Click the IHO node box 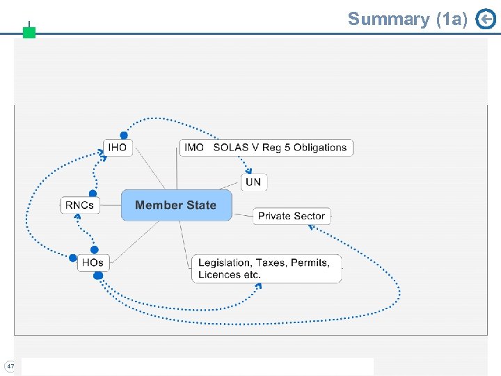(x=118, y=148)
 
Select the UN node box (x=254, y=182)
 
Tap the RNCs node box (x=79, y=205)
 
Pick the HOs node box (x=93, y=263)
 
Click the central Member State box (x=176, y=205)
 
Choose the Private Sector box (x=291, y=216)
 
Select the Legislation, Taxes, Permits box (x=267, y=268)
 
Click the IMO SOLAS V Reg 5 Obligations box (x=267, y=148)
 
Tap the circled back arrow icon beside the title (x=485, y=19)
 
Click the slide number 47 (x=10, y=366)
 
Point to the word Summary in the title (x=389, y=19)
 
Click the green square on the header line (x=29, y=32)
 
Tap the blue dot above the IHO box (x=124, y=135)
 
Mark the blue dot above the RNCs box (x=93, y=193)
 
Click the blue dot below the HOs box (x=98, y=276)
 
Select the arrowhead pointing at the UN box (x=248, y=171)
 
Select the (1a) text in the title (x=452, y=19)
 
